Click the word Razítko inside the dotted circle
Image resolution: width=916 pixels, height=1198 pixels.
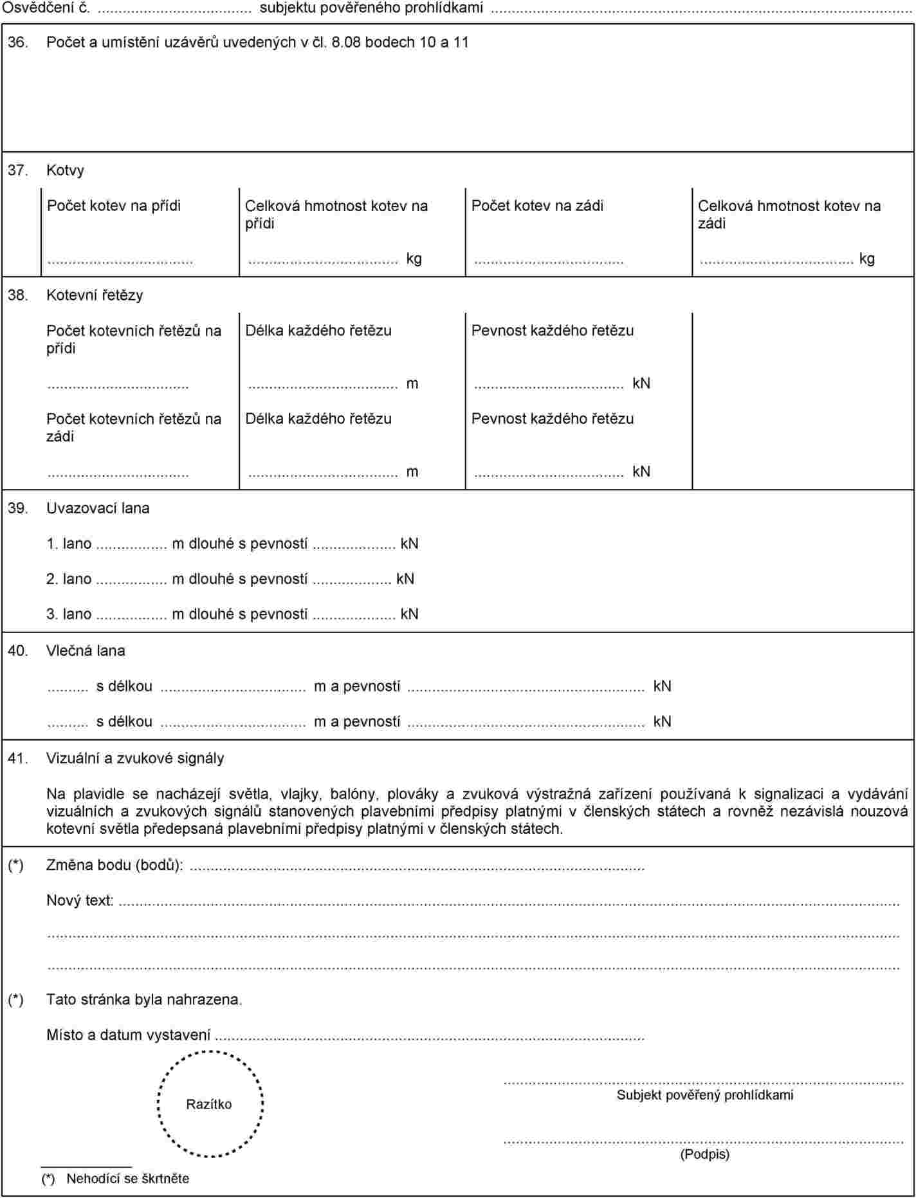pyautogui.click(x=208, y=1104)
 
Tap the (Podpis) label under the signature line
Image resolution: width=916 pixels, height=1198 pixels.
pyautogui.click(x=704, y=1154)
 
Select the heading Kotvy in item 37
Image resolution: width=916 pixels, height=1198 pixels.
pyautogui.click(x=65, y=170)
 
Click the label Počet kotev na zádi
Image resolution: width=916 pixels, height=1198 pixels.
pyautogui.click(x=537, y=206)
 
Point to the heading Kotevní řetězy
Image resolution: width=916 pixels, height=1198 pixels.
pyautogui.click(x=95, y=295)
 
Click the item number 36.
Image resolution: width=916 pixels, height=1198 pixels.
pyautogui.click(x=17, y=42)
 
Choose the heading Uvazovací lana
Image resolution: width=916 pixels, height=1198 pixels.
pyautogui.click(x=98, y=508)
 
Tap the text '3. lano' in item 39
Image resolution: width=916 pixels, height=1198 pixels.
pyautogui.click(x=69, y=614)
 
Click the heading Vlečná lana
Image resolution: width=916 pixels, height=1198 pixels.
pyautogui.click(x=86, y=650)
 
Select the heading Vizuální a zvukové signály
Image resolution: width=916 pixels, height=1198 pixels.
pyautogui.click(x=135, y=758)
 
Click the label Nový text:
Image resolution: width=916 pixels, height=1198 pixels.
pyautogui.click(x=80, y=900)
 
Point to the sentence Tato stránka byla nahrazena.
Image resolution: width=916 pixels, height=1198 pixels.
pyautogui.click(x=144, y=1000)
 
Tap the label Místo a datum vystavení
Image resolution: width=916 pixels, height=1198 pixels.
pyautogui.click(x=128, y=1035)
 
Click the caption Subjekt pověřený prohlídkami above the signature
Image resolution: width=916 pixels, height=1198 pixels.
pyautogui.click(x=704, y=1095)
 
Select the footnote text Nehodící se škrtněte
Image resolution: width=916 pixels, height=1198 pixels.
pyautogui.click(x=127, y=1179)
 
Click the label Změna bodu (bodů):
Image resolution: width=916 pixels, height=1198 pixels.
pyautogui.click(x=114, y=865)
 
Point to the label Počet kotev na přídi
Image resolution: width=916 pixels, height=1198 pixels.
pyautogui.click(x=114, y=206)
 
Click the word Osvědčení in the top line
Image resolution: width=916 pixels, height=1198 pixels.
pyautogui.click(x=40, y=8)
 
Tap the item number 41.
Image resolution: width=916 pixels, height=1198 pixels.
pyautogui.click(x=17, y=758)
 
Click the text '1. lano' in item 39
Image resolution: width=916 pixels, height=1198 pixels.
pyautogui.click(x=69, y=544)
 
